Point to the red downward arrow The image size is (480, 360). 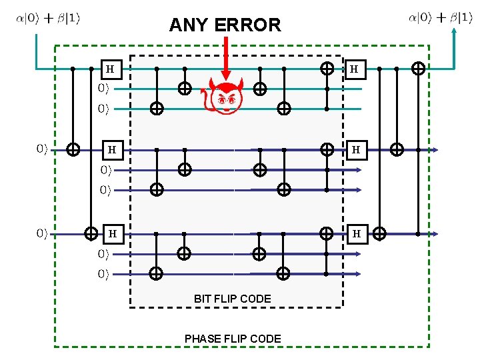coord(227,60)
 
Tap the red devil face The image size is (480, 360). coord(226,99)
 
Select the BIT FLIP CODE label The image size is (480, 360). coord(233,299)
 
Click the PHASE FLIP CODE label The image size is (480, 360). coord(233,339)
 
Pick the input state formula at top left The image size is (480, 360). coord(48,18)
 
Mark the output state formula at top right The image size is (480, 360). coord(441,18)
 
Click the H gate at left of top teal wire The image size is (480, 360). coord(110,69)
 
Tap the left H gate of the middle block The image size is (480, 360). coord(112,150)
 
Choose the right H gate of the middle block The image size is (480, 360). coord(356,150)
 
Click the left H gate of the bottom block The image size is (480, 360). coord(112,234)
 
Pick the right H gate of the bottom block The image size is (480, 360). coord(356,234)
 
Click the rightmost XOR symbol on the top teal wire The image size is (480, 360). coord(419,68)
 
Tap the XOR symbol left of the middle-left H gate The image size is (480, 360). coord(74,150)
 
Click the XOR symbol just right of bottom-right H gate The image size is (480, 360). coord(379,234)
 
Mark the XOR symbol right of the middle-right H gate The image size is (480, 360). coord(397,150)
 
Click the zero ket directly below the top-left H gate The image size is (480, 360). coord(103,88)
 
